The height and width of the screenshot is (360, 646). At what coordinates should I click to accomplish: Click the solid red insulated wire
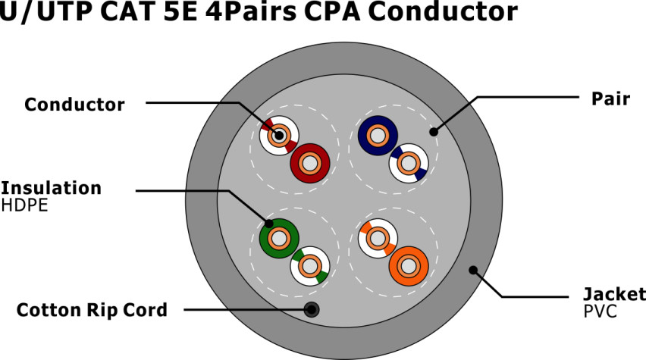click(309, 162)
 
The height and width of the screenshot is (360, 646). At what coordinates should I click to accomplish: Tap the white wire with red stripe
click(278, 136)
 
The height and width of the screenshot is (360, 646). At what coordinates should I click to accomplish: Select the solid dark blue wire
click(377, 136)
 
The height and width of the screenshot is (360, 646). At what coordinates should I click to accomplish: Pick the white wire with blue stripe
click(408, 163)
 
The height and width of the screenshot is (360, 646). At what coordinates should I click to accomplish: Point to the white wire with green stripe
click(309, 266)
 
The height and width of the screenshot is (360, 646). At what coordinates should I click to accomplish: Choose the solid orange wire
click(409, 266)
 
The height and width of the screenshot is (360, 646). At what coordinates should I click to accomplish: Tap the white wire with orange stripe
click(377, 239)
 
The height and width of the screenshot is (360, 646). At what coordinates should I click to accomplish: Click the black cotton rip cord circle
click(310, 309)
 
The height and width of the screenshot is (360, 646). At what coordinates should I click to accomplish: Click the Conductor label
click(74, 105)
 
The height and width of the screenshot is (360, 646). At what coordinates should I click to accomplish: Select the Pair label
click(610, 99)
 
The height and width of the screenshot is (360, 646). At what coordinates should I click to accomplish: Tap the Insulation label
click(51, 187)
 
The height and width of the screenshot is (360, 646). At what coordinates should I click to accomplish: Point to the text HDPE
click(24, 204)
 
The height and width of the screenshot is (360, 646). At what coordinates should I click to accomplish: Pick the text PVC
click(601, 311)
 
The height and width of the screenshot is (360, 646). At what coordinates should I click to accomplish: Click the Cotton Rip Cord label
click(92, 309)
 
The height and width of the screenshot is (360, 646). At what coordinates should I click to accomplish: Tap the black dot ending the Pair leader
click(434, 132)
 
